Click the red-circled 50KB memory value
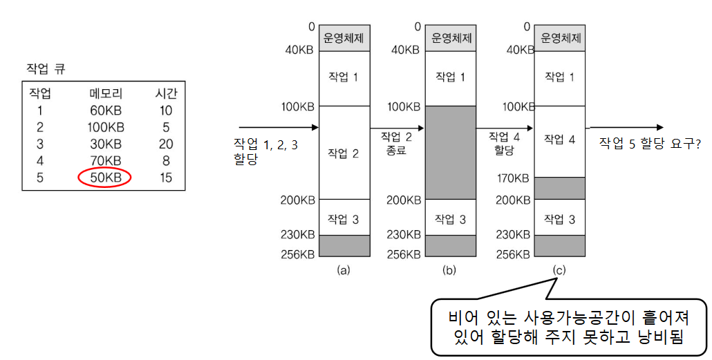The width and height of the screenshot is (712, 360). click(105, 178)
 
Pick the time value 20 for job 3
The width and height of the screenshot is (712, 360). click(165, 144)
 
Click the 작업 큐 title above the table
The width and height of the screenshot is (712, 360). click(43, 68)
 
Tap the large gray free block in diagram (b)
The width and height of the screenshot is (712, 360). click(450, 152)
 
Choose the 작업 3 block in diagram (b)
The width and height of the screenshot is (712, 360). click(450, 219)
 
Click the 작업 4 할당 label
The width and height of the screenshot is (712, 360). click(503, 143)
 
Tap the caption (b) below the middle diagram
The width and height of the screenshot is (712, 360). click(450, 270)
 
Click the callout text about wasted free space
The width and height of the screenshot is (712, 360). click(569, 328)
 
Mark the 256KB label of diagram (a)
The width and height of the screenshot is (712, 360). click(298, 254)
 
